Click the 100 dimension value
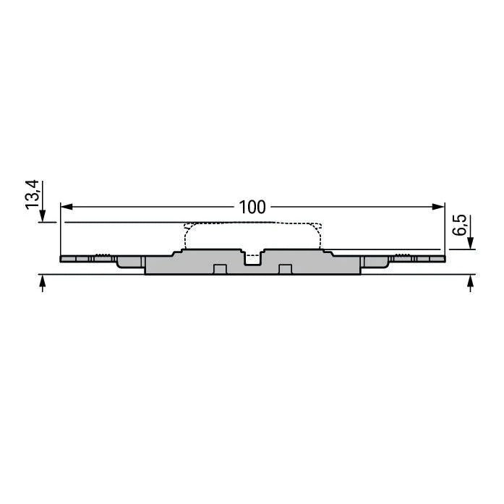click(252, 208)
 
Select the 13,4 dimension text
click(33, 195)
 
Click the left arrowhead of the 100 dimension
click(67, 207)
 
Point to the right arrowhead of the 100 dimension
click(438, 207)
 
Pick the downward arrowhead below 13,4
click(43, 215)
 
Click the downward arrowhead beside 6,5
click(471, 243)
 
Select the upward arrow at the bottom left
click(43, 283)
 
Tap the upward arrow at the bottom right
click(471, 283)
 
